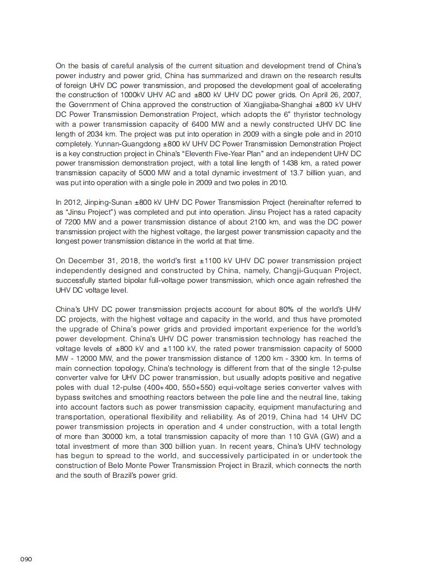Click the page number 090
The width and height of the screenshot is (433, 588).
[26, 560]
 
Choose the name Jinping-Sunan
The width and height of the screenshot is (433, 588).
[103, 203]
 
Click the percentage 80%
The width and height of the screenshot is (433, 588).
[282, 310]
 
